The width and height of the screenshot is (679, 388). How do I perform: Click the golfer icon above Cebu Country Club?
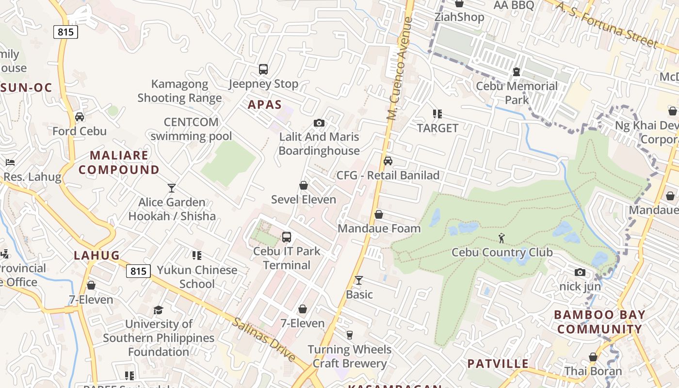[501, 238]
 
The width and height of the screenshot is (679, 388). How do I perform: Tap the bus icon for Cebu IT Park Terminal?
[287, 237]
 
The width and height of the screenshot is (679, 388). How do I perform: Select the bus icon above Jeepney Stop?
[263, 69]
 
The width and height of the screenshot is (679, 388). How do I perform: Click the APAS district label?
[265, 104]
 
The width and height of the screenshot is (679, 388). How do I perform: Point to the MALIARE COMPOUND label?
[119, 162]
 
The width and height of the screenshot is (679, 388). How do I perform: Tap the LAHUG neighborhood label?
[97, 255]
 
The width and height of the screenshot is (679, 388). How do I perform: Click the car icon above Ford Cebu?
[80, 117]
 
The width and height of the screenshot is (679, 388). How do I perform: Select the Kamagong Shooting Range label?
[179, 91]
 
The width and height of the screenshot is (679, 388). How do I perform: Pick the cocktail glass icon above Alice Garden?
[172, 188]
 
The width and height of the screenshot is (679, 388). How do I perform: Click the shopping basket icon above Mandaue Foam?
[379, 214]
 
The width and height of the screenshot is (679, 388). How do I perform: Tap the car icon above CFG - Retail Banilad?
[388, 161]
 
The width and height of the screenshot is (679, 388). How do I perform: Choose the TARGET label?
[437, 128]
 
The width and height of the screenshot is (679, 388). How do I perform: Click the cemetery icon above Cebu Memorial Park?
[517, 72]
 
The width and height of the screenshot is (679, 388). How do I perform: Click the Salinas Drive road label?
[263, 339]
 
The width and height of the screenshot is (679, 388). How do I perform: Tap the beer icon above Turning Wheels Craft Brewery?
[349, 335]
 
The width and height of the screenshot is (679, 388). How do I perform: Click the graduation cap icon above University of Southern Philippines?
[158, 310]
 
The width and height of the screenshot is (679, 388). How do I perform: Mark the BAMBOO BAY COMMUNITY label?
[599, 322]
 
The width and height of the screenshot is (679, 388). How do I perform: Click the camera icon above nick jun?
[580, 272]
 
